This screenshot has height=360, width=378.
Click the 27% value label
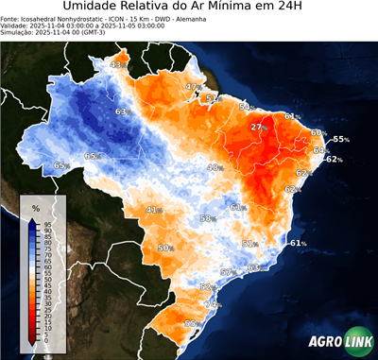260,127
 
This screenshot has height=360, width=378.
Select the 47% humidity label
193,87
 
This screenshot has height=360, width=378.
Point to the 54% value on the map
246,107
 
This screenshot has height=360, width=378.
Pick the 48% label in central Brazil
215,167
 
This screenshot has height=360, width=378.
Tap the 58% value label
207,218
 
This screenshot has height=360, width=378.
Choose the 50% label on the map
165,248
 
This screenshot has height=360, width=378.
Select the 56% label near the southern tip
192,324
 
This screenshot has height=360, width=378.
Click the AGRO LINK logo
341,342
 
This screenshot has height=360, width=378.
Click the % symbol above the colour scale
36,207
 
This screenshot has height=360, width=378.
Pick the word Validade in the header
17,26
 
